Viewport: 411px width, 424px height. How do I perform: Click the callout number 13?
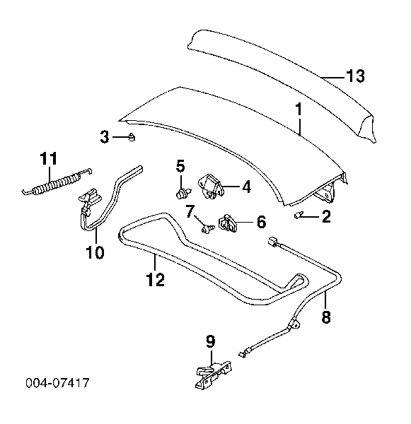356,76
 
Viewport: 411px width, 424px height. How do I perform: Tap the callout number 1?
299,110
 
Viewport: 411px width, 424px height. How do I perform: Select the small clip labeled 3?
132,137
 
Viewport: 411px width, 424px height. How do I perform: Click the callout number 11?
49,158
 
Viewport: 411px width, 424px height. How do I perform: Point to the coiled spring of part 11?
57,184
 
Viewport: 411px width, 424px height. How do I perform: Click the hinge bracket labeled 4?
212,187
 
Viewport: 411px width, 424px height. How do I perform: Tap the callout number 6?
261,222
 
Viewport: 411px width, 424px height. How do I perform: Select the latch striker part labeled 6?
228,223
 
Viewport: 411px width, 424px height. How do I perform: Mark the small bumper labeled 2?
298,216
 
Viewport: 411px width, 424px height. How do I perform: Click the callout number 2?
326,216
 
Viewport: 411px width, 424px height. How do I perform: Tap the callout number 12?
156,279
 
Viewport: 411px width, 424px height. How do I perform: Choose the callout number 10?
95,252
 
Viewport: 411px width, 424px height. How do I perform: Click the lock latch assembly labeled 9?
214,375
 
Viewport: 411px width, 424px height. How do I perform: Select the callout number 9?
211,341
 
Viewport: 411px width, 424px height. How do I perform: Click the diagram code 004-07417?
57,383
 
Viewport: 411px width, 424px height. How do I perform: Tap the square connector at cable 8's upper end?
272,241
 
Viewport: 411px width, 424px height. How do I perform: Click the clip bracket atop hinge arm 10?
90,196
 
